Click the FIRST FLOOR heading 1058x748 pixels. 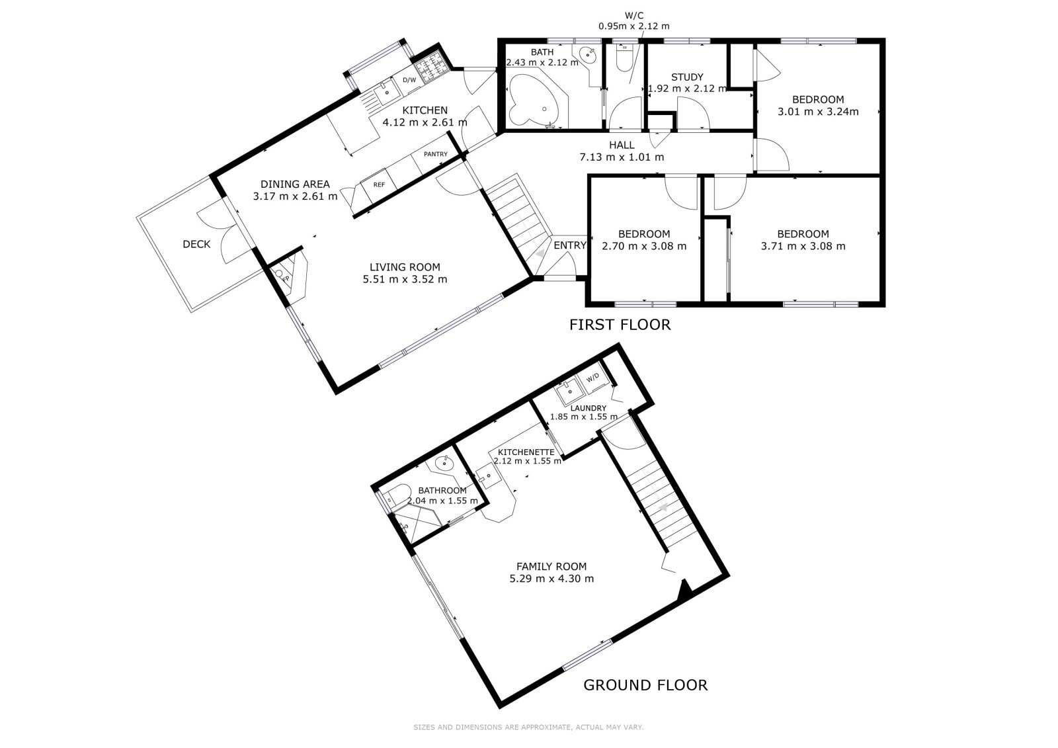click(620, 325)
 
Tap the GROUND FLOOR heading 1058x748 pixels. click(645, 685)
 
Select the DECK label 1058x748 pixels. click(196, 244)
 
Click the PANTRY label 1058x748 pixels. click(436, 154)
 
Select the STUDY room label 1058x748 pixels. click(687, 77)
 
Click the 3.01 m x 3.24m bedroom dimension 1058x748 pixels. click(818, 112)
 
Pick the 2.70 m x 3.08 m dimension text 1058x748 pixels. click(644, 246)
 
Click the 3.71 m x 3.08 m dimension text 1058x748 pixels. click(803, 246)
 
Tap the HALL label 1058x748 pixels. click(622, 145)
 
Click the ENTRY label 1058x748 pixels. click(570, 245)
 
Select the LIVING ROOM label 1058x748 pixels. click(405, 267)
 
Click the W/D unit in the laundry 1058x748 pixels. click(593, 378)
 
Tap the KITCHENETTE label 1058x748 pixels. click(526, 452)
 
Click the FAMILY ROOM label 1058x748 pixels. click(551, 567)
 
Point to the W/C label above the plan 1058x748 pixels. click(634, 16)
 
